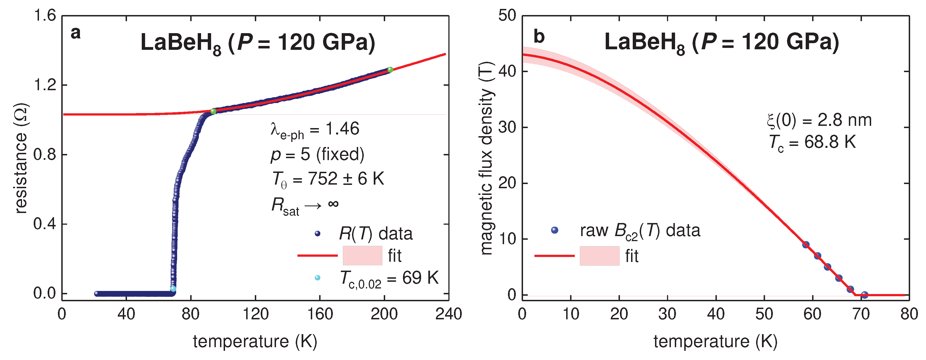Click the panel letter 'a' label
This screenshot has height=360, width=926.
[x=75, y=33]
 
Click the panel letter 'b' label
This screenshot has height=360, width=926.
[x=539, y=37]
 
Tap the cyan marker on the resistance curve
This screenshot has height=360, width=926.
[x=173, y=288]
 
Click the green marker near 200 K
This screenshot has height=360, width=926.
[x=390, y=70]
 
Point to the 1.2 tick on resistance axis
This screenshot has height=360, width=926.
[x=45, y=85]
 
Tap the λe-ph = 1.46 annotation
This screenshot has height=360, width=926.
[x=314, y=130]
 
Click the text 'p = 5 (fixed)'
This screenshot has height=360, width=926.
[x=317, y=155]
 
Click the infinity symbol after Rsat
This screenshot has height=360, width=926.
[x=333, y=204]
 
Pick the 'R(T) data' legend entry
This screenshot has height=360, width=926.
[x=376, y=234]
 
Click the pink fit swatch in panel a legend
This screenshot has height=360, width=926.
[x=362, y=255]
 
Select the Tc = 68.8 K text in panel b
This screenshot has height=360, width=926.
[x=812, y=143]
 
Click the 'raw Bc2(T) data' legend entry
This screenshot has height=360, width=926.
[x=640, y=231]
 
